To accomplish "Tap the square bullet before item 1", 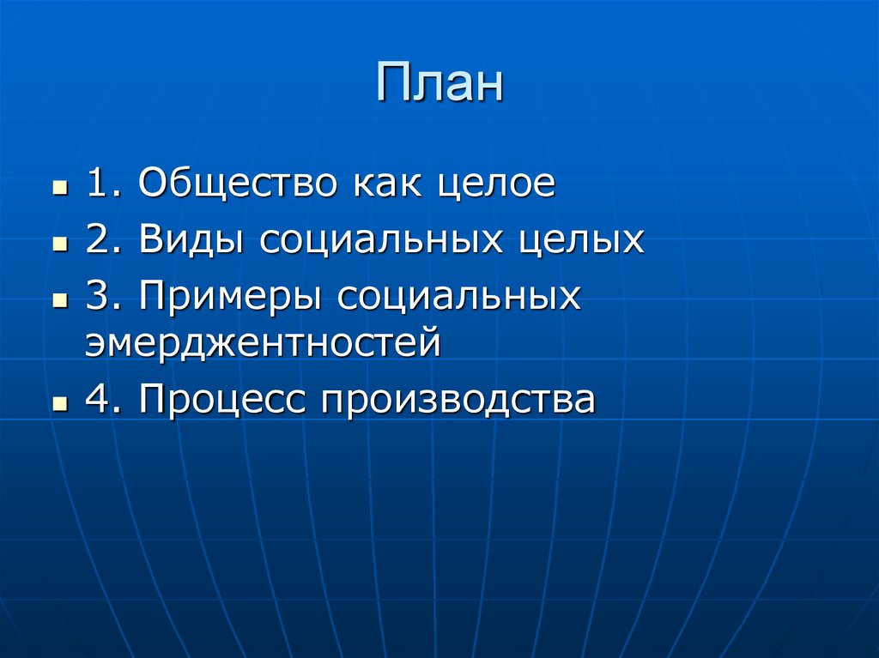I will point(59,187).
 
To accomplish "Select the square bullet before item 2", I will point(59,244).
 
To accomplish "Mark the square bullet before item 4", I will point(59,402).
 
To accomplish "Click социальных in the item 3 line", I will point(459,298).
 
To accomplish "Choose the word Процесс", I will point(223,400).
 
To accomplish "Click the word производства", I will point(458,400).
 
